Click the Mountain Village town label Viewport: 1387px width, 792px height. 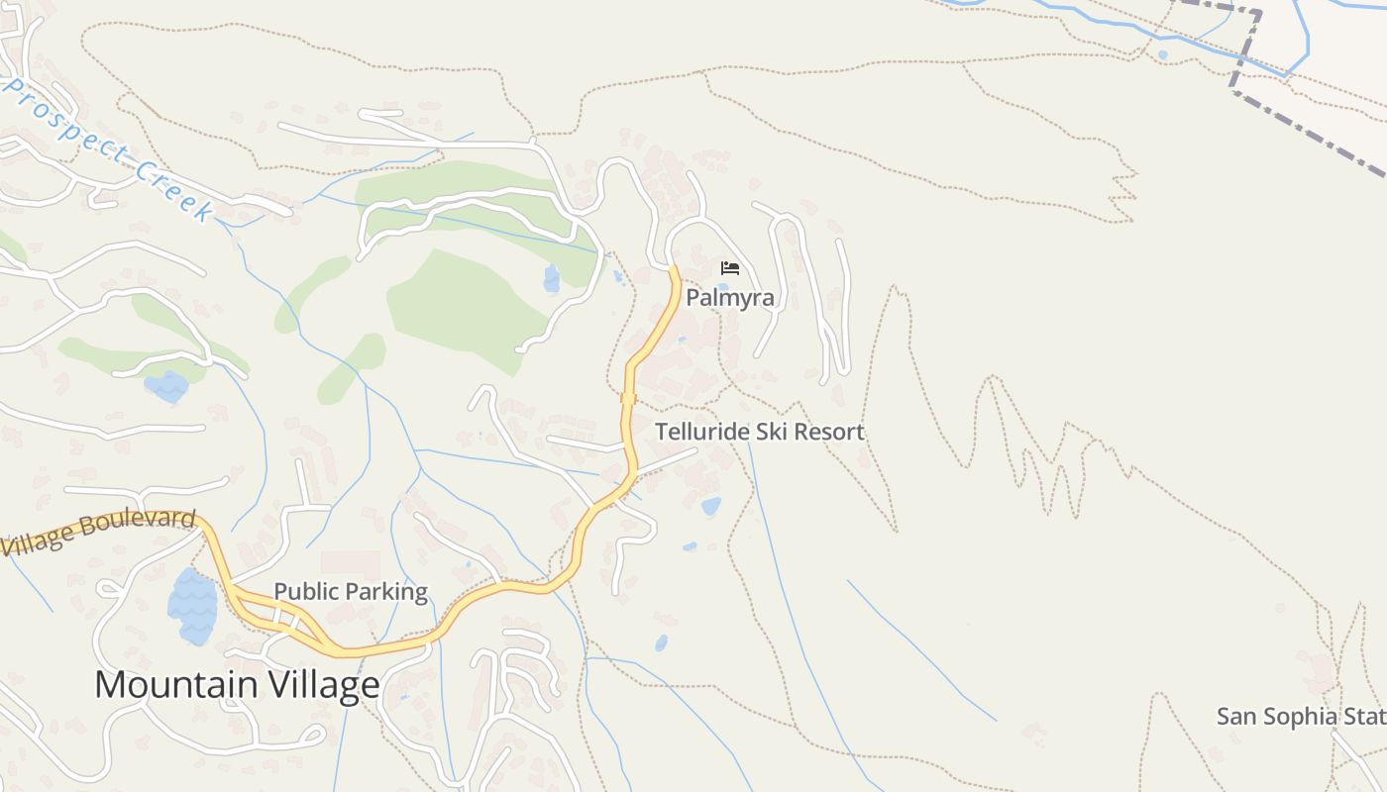pos(237,685)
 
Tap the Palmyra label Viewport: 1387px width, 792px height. pos(730,297)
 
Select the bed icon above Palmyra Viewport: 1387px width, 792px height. pos(730,268)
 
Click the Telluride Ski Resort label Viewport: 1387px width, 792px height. pos(760,432)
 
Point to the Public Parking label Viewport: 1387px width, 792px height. pos(351,592)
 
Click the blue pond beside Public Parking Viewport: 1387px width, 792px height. pos(192,606)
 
